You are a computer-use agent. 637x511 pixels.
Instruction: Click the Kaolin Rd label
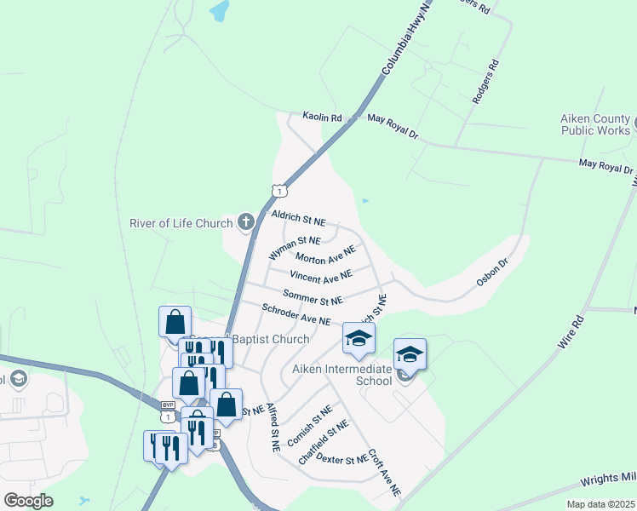pyautogui.click(x=322, y=117)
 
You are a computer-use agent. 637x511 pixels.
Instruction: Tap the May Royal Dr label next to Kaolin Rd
pyautogui.click(x=393, y=128)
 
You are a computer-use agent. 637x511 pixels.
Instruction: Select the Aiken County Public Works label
pyautogui.click(x=595, y=124)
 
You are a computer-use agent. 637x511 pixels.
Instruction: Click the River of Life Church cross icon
pyautogui.click(x=246, y=223)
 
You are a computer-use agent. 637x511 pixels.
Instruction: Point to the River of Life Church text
pyautogui.click(x=181, y=224)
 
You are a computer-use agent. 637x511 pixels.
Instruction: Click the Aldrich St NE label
pyautogui.click(x=298, y=218)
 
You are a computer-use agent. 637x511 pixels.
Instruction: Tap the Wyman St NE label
pyautogui.click(x=294, y=248)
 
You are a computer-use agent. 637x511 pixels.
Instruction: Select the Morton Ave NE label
pyautogui.click(x=325, y=255)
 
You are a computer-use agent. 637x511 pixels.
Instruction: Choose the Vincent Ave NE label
pyautogui.click(x=320, y=276)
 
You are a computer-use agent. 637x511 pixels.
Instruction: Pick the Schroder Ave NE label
pyautogui.click(x=296, y=314)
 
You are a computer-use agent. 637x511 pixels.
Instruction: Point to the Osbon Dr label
pyautogui.click(x=491, y=272)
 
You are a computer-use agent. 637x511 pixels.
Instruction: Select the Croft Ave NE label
pyautogui.click(x=384, y=474)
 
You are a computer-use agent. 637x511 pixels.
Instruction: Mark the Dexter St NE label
pyautogui.click(x=341, y=460)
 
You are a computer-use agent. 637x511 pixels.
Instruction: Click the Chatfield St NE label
pyautogui.click(x=323, y=442)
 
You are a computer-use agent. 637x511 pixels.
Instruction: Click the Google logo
pyautogui.click(x=28, y=501)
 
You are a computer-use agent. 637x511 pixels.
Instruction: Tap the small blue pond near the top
pyautogui.click(x=220, y=11)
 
